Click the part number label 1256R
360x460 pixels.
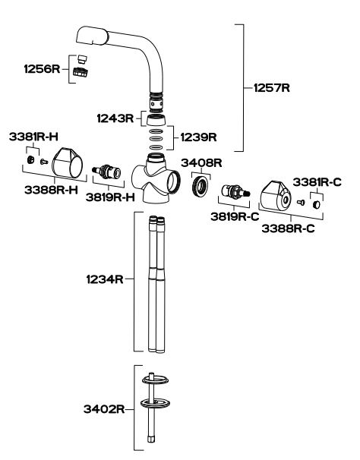42,69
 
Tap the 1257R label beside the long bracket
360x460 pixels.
272,88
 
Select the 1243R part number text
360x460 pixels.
115,118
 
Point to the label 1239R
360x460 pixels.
198,137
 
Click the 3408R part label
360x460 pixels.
201,162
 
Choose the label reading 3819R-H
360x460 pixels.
110,197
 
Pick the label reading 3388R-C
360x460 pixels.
288,228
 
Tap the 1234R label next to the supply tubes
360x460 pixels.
105,279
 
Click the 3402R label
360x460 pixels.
104,408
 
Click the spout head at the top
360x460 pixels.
93,36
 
